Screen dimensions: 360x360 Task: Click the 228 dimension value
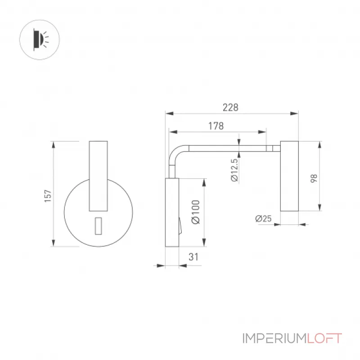(x=230, y=108)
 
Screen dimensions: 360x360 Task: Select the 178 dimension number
(x=216, y=126)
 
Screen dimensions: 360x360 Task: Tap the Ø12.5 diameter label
(x=234, y=170)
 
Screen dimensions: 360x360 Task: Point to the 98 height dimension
(x=314, y=178)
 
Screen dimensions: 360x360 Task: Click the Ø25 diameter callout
(x=263, y=218)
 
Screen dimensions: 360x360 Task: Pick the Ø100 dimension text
(x=196, y=212)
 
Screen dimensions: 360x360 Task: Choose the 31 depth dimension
(x=193, y=257)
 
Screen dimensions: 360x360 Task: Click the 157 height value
(x=48, y=196)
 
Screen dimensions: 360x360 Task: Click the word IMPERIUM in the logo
(x=274, y=338)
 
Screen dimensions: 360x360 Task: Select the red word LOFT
(x=324, y=338)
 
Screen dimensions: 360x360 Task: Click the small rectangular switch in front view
(x=98, y=226)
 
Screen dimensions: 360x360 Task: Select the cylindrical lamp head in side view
(x=289, y=176)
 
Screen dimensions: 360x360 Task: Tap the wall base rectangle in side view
(x=172, y=212)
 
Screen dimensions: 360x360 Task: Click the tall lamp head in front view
(x=98, y=176)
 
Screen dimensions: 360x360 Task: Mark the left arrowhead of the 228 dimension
(x=170, y=113)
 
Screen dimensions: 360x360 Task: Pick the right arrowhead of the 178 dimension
(x=262, y=132)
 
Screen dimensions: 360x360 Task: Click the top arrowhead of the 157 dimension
(x=54, y=145)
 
